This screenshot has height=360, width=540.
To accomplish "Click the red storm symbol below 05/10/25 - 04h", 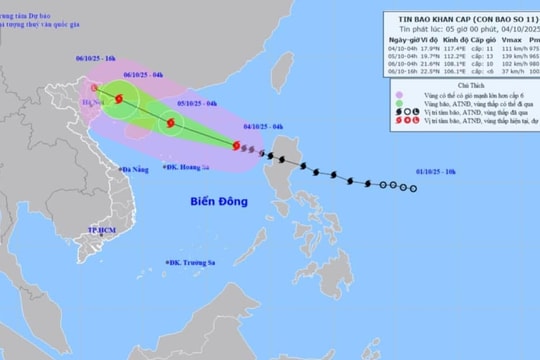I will [170, 124].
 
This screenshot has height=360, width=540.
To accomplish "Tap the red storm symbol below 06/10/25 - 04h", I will [120, 99].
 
